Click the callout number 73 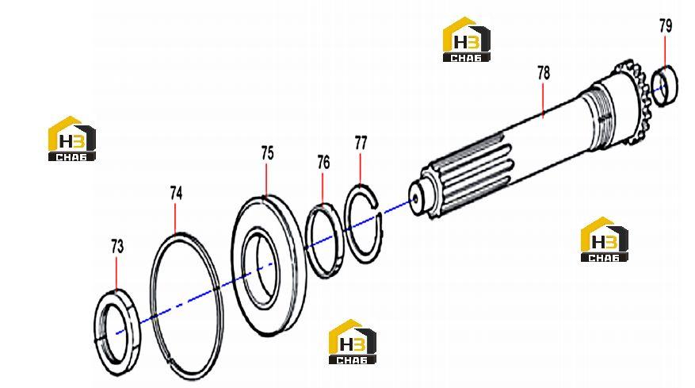tap(117, 247)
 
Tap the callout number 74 tap(176, 193)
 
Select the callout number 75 tap(267, 153)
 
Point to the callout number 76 tap(323, 163)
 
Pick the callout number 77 tap(361, 143)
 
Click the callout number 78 tap(544, 73)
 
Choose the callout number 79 tap(666, 26)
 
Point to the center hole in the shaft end tap(415, 199)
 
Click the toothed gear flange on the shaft tap(632, 102)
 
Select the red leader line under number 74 tap(175, 217)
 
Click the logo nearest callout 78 tap(466, 39)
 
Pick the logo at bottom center tap(353, 341)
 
